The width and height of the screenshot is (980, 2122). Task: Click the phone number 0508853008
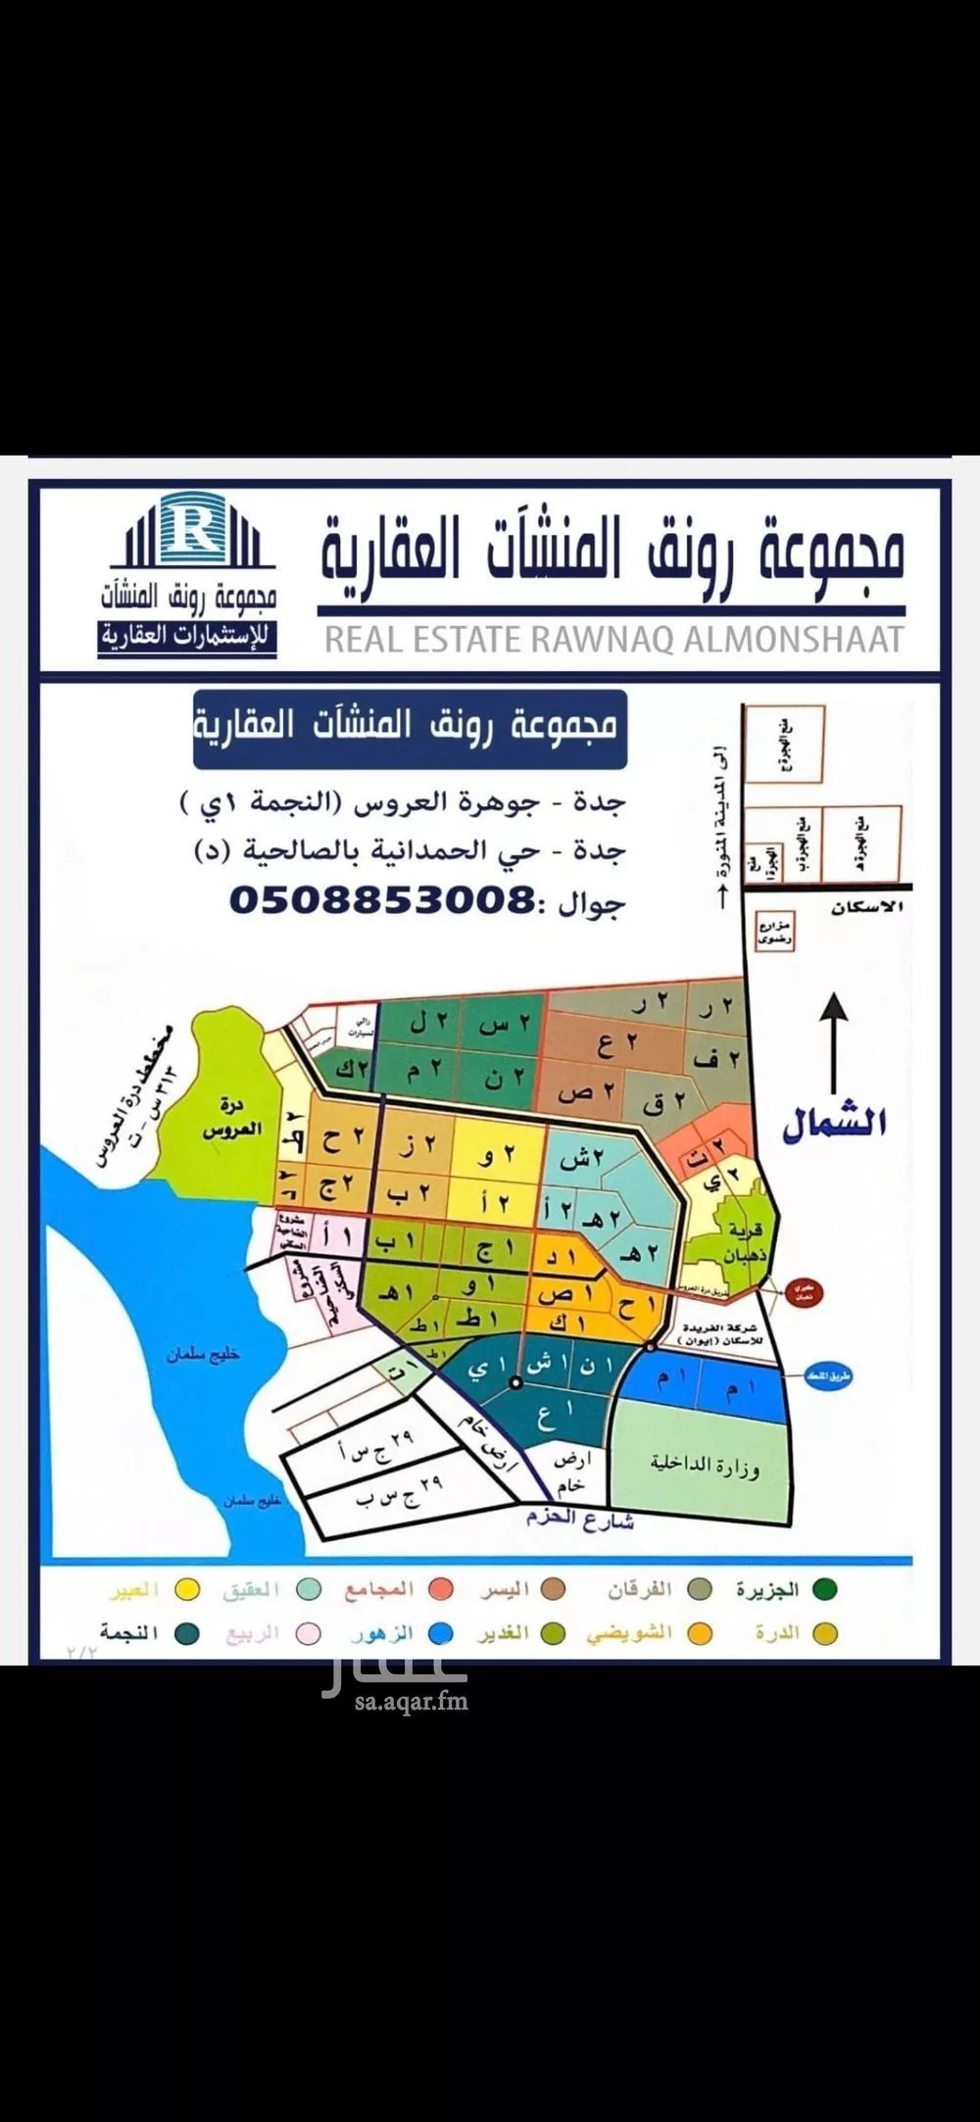(382, 898)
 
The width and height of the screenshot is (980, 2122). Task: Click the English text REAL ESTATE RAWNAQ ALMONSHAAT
(613, 639)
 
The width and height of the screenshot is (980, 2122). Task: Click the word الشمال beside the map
(833, 1123)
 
